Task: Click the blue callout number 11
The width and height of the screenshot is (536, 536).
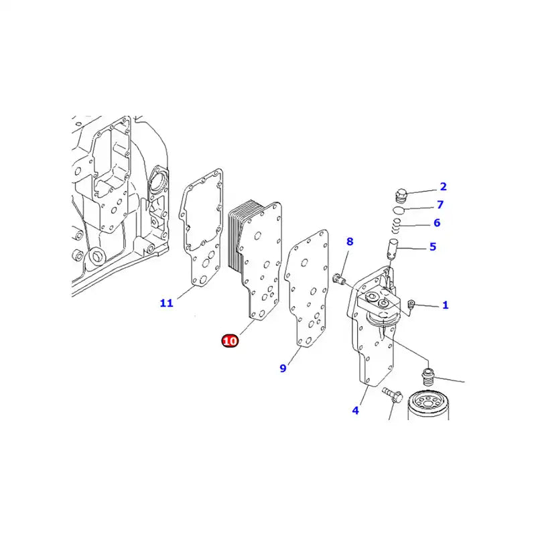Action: (x=166, y=303)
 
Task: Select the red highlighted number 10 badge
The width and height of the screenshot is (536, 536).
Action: (x=230, y=341)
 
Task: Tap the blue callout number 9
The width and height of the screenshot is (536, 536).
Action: (x=283, y=368)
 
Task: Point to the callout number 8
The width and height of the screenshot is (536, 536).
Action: (x=350, y=242)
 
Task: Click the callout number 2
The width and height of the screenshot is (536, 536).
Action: (x=443, y=187)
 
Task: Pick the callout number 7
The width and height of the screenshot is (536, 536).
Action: (x=440, y=205)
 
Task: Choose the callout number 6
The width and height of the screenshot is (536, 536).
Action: (x=436, y=223)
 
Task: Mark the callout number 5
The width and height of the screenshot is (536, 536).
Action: (x=433, y=247)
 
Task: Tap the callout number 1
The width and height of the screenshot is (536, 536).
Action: (x=445, y=306)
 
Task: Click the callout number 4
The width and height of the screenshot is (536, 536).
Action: (x=355, y=410)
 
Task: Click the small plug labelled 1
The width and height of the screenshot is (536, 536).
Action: (x=411, y=307)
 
